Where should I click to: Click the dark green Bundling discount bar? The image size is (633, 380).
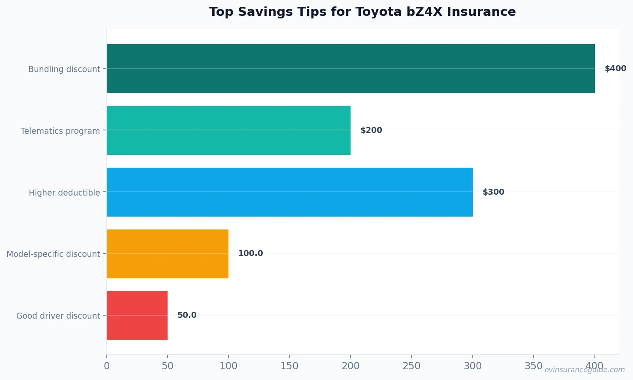(351, 69)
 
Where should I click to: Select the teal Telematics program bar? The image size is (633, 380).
(228, 130)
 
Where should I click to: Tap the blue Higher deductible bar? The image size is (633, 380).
(289, 192)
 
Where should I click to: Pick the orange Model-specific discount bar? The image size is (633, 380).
(167, 254)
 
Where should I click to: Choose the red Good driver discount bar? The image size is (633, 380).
(137, 316)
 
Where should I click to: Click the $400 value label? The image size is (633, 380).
(615, 69)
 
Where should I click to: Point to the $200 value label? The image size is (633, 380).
(371, 130)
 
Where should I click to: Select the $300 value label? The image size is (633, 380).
(493, 192)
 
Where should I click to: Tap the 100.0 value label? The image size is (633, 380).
(250, 253)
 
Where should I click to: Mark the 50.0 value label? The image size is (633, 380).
(187, 315)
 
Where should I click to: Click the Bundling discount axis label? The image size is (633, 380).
(64, 69)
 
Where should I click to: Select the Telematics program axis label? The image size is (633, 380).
(60, 131)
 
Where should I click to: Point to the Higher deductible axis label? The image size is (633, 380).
(64, 193)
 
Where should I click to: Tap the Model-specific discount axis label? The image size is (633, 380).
(53, 254)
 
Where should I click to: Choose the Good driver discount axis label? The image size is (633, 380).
(58, 316)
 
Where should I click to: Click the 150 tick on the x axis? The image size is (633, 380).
(289, 366)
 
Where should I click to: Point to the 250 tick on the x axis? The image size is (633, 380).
(411, 366)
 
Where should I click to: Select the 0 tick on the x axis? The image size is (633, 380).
(107, 366)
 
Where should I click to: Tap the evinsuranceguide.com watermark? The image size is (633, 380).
(585, 370)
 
